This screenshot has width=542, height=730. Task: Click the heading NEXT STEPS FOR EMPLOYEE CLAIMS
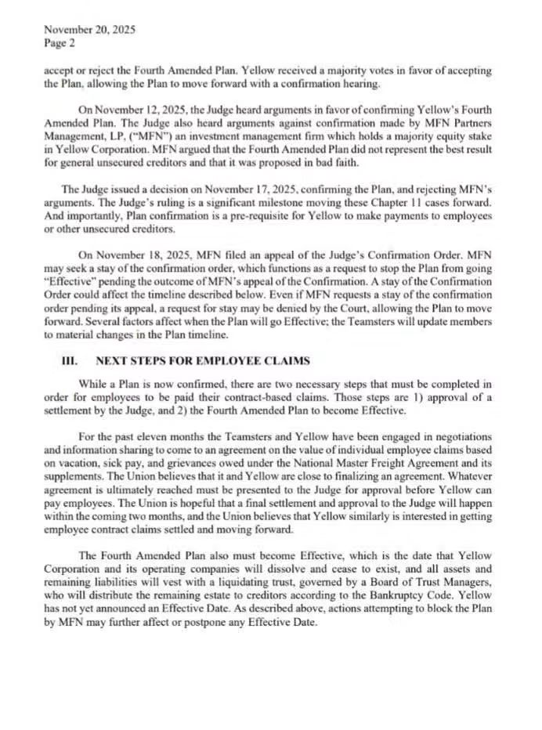203,361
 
